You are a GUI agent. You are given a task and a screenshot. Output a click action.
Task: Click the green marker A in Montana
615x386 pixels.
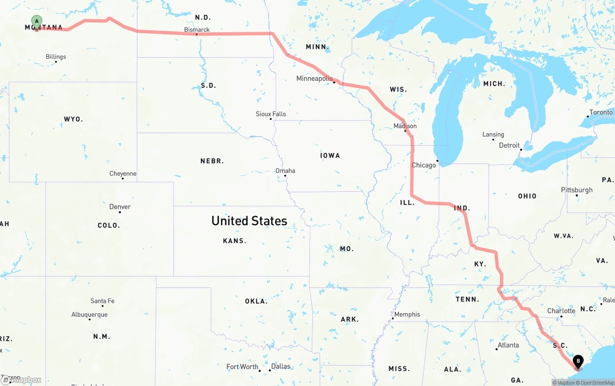(37, 21)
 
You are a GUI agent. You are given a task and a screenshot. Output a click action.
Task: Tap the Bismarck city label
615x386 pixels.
(197, 30)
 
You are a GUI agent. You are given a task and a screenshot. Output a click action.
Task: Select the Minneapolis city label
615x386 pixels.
(314, 78)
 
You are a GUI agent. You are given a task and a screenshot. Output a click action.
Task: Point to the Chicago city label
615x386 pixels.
(424, 165)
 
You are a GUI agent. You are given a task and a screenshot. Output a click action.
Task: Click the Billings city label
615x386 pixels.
(56, 57)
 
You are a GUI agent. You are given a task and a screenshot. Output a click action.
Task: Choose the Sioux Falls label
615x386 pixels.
(271, 114)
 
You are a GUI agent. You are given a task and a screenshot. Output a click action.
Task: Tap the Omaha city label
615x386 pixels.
(285, 171)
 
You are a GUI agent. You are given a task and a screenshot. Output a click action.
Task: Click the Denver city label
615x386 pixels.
(120, 207)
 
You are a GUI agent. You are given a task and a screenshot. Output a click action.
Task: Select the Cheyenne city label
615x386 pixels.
(123, 174)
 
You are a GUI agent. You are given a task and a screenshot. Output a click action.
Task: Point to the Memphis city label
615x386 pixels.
(407, 314)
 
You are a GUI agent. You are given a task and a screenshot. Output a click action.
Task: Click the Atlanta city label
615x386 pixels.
(508, 345)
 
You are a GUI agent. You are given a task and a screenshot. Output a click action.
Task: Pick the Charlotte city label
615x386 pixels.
(561, 311)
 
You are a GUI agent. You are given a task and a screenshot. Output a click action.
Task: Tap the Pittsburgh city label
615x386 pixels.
(577, 190)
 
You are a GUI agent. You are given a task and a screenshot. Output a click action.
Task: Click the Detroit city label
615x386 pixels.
(509, 145)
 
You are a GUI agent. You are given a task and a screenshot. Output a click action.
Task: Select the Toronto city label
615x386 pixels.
(601, 112)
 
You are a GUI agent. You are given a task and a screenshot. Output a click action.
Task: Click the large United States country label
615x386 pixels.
(249, 221)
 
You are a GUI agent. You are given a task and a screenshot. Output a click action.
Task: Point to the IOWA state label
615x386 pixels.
(330, 155)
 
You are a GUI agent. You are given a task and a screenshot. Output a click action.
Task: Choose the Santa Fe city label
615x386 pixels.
(102, 301)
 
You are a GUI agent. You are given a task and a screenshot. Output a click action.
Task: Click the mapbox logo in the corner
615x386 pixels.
(21, 380)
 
